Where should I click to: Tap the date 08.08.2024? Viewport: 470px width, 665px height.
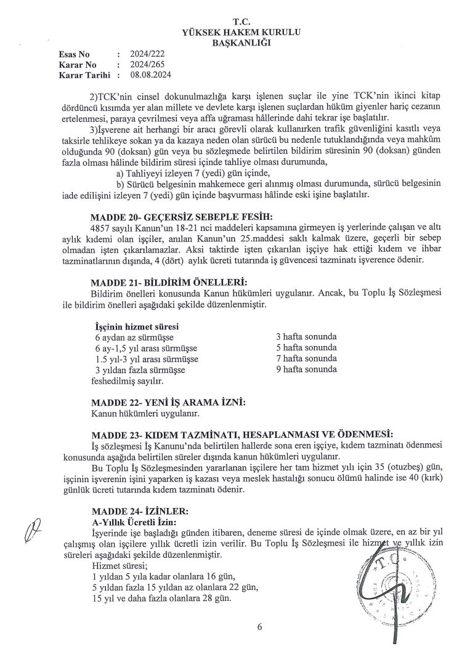click(150, 75)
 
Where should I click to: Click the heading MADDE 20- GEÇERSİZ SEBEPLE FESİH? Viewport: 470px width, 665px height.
click(181, 216)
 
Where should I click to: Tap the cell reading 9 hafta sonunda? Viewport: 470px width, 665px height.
click(307, 369)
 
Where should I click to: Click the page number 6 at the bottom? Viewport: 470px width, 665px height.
click(259, 627)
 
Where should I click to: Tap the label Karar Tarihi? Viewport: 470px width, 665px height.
click(84, 75)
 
